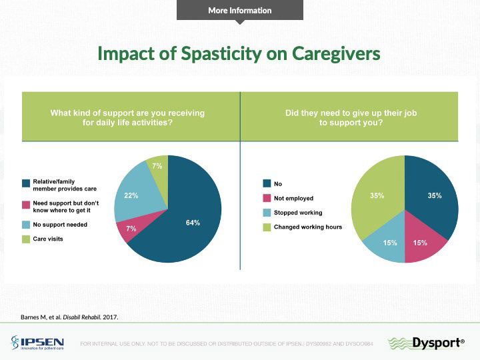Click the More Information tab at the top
(x=240, y=10)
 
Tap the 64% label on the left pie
(x=193, y=222)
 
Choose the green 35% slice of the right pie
(x=377, y=196)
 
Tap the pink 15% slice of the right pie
(x=420, y=243)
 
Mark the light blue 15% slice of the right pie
(x=391, y=243)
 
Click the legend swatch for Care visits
(x=26, y=239)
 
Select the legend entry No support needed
(x=60, y=224)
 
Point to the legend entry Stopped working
(x=298, y=213)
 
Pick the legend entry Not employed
(x=293, y=198)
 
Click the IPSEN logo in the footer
(x=37, y=343)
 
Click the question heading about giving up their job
(x=351, y=118)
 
